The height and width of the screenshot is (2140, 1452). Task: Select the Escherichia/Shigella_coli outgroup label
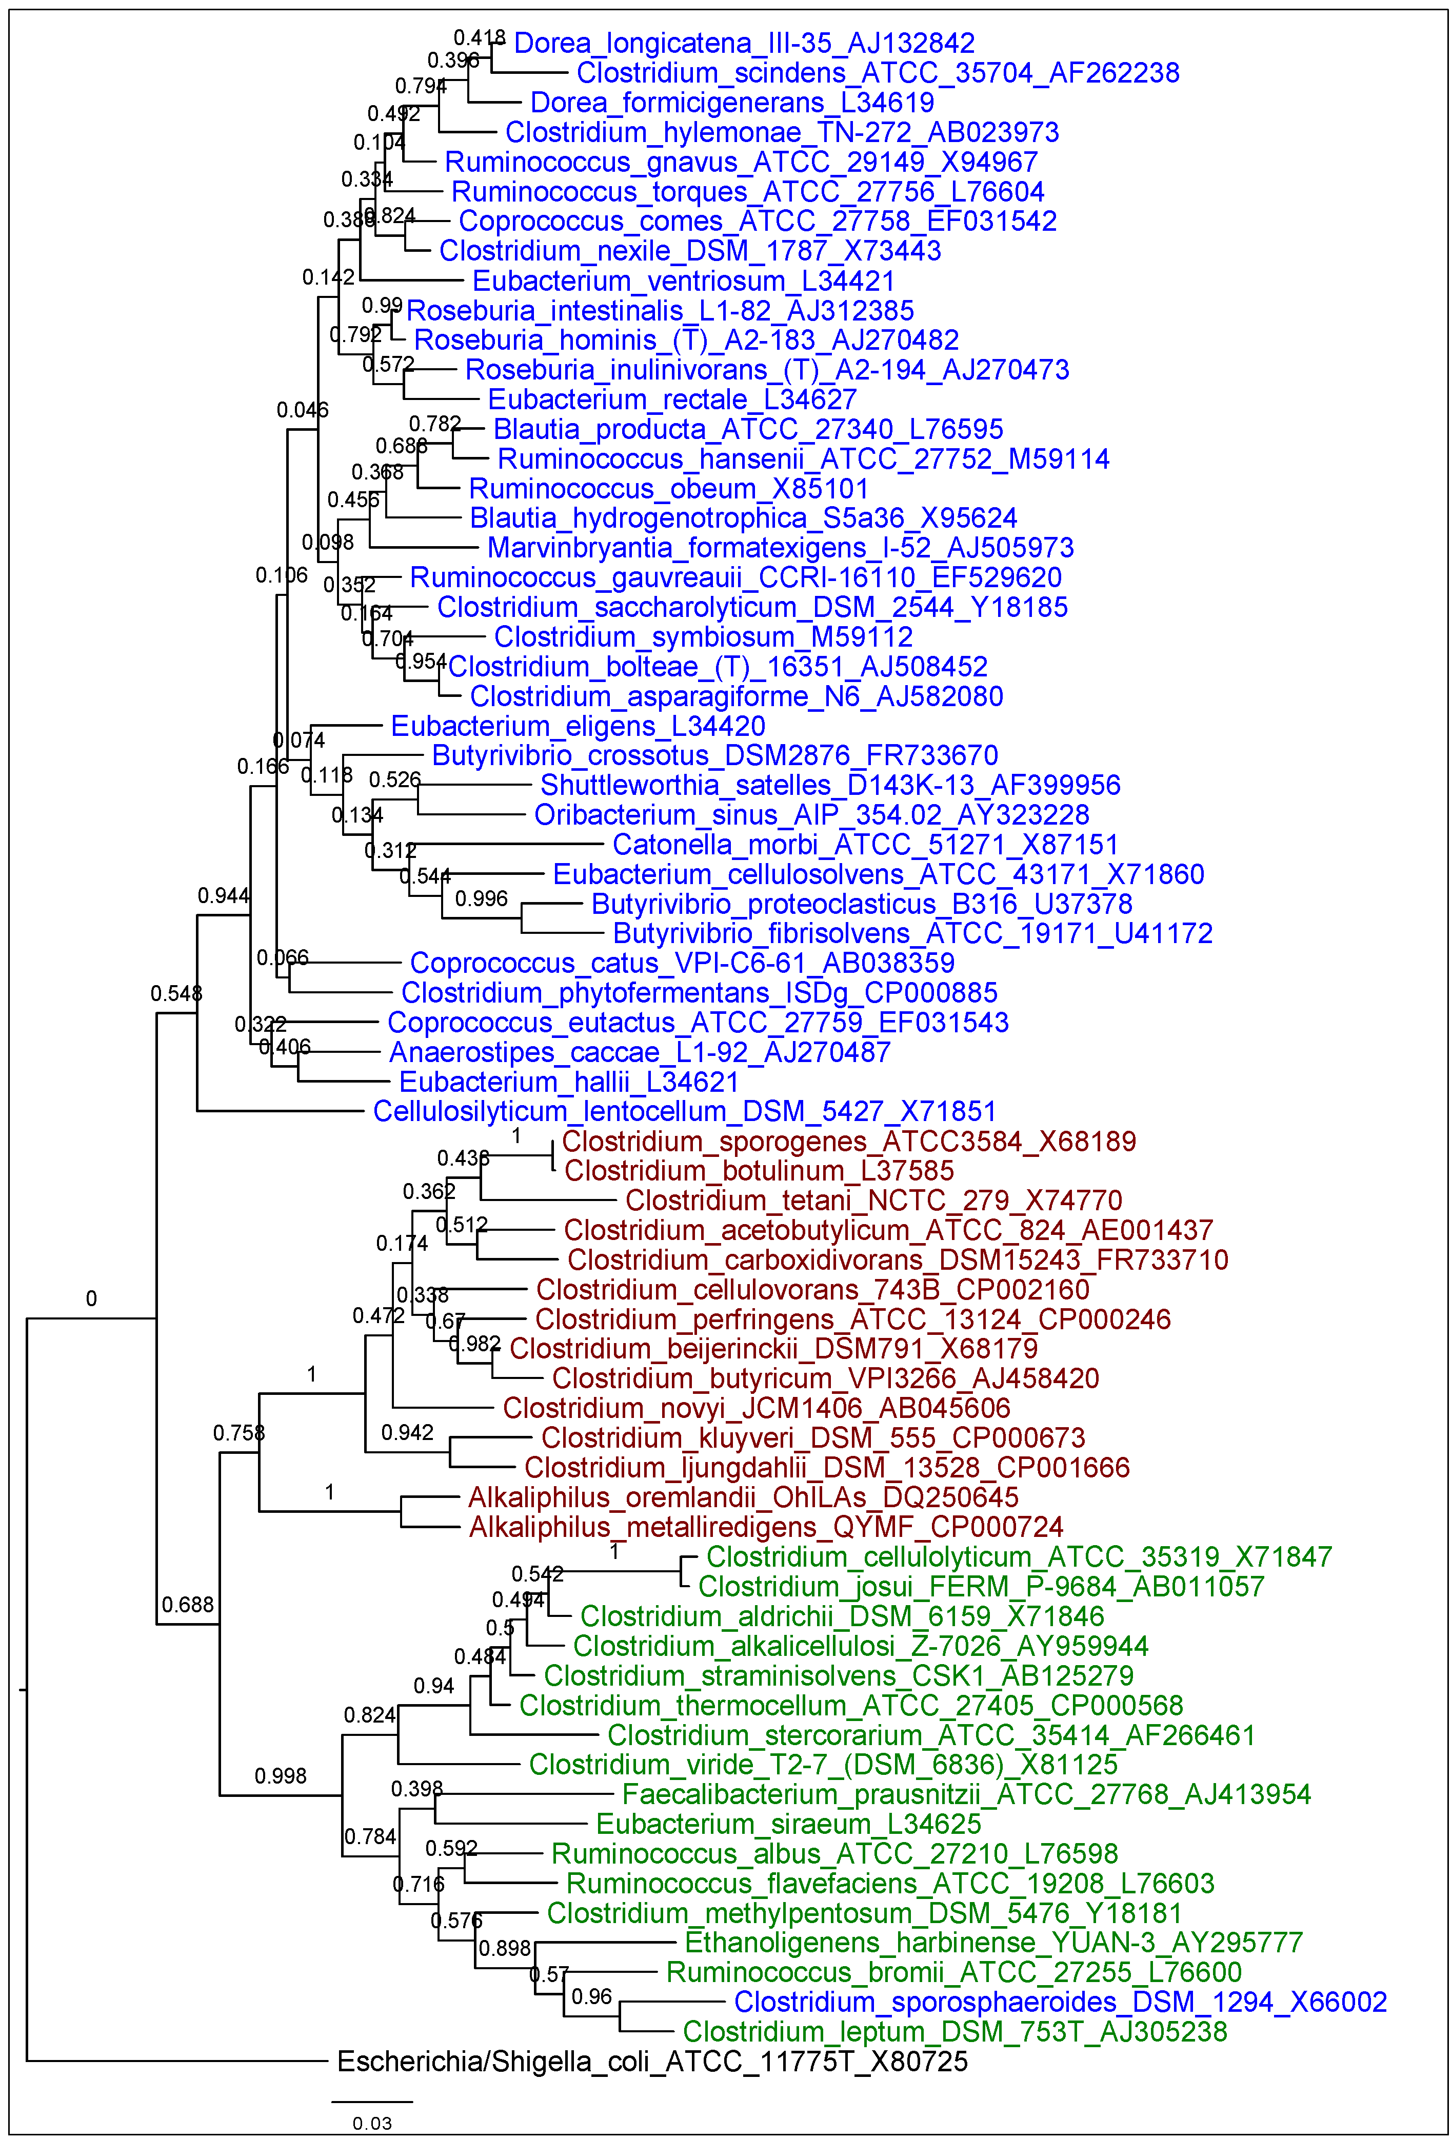[x=652, y=2061]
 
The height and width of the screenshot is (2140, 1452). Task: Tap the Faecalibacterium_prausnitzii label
[x=966, y=1794]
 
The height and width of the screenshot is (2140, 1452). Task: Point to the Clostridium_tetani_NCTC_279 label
[x=873, y=1201]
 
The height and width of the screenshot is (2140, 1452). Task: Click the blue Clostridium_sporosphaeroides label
[x=1060, y=2002]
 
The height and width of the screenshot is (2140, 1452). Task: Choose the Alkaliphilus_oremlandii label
[x=743, y=1497]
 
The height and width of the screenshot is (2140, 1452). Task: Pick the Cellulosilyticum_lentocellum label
[x=684, y=1111]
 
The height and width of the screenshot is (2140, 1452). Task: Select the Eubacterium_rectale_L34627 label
[x=672, y=399]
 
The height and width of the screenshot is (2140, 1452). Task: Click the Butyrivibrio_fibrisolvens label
[x=912, y=934]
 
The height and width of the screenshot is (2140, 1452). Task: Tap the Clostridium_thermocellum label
[x=851, y=1705]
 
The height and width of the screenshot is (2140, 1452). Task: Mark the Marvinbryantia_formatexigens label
[x=780, y=548]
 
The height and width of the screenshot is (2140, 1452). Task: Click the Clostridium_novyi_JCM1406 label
[x=756, y=1408]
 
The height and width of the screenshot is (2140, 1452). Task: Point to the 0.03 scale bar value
[x=372, y=2124]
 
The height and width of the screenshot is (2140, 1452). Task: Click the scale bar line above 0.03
[x=372, y=2102]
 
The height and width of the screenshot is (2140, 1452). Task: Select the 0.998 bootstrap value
[x=280, y=1775]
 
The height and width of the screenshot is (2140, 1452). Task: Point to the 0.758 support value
[x=238, y=1433]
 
